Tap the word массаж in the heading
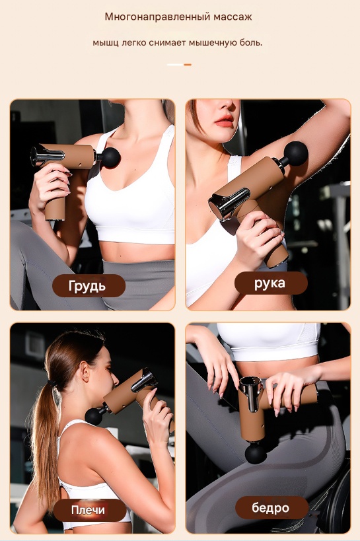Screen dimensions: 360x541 pos(233,17)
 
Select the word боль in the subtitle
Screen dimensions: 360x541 pos(251,42)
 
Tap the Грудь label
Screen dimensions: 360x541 pos(89,285)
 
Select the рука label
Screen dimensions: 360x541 pos(271,283)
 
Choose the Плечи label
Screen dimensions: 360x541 pos(89,510)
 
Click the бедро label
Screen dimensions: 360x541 pos(271,507)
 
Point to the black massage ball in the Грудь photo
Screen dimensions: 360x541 pos(110,158)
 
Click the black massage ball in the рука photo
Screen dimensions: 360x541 pos(295,153)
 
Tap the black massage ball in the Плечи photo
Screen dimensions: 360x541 pos(94,416)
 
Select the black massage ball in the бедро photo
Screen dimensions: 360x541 pos(256,452)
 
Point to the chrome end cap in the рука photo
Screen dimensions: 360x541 pos(228,203)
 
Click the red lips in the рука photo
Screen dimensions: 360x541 pos(224,120)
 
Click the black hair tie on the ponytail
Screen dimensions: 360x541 pos(52,383)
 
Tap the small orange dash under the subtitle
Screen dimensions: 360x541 pos(188,65)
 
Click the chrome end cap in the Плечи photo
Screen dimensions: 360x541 pos(144,380)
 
